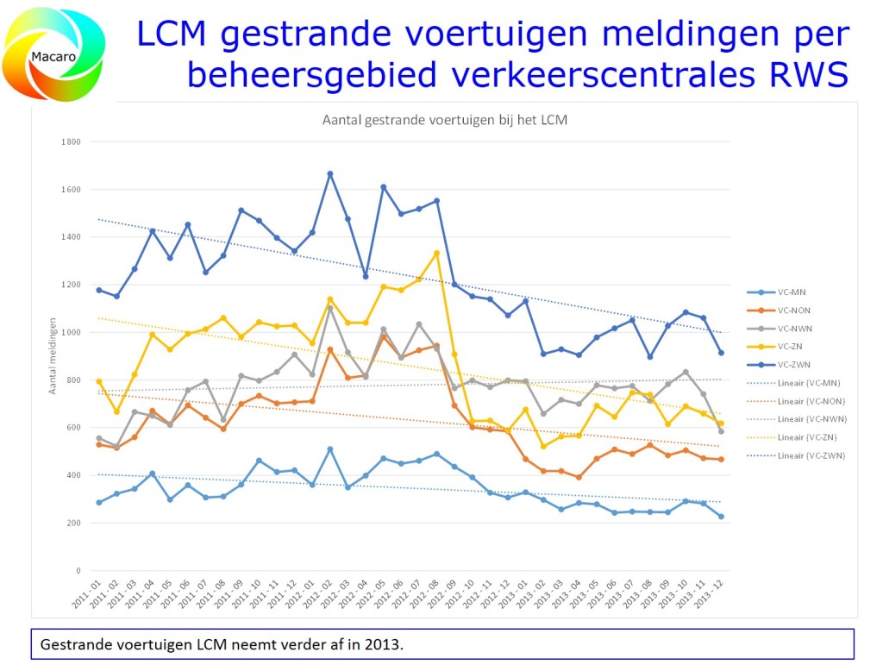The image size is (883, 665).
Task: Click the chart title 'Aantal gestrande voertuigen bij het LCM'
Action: point(444,120)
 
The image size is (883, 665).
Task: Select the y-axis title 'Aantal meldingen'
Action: point(52,356)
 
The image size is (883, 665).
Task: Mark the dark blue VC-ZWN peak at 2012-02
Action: point(329,174)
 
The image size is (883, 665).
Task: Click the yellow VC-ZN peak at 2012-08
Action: point(436,253)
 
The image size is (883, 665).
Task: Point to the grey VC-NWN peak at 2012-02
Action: point(329,308)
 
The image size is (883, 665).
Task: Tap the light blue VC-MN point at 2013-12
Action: point(721,517)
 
